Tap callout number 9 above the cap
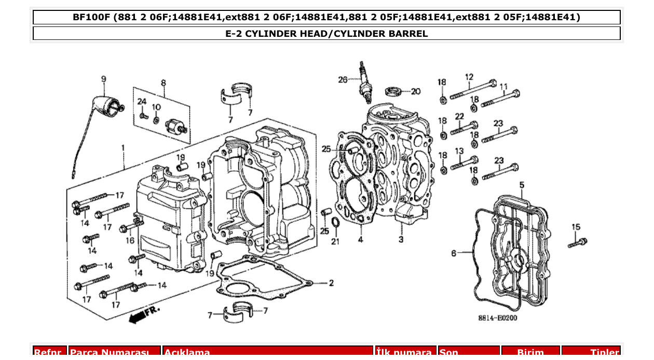[103, 79]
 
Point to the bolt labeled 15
[578, 242]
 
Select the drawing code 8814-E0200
[497, 317]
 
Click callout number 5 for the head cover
[522, 185]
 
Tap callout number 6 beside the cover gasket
[453, 253]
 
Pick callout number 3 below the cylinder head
[401, 239]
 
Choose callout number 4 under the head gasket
[360, 240]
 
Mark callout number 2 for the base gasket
[331, 283]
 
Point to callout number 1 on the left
[123, 148]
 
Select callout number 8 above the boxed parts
[163, 83]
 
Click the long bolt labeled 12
[472, 90]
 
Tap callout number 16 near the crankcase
[130, 240]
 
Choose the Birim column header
[530, 352]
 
